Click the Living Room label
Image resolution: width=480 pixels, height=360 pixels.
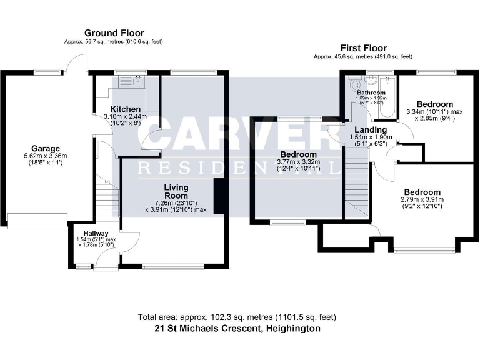click(176, 191)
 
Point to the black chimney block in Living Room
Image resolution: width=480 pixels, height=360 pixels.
click(219, 196)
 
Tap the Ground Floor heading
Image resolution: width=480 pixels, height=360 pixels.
click(114, 33)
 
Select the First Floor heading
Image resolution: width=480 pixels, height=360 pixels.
click(363, 48)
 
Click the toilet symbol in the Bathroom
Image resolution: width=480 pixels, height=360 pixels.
click(354, 84)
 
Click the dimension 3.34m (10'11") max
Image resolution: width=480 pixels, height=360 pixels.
click(434, 112)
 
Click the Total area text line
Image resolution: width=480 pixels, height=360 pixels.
click(239, 317)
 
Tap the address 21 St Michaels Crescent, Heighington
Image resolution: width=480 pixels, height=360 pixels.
click(239, 328)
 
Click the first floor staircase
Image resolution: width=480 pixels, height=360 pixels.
click(357, 181)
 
